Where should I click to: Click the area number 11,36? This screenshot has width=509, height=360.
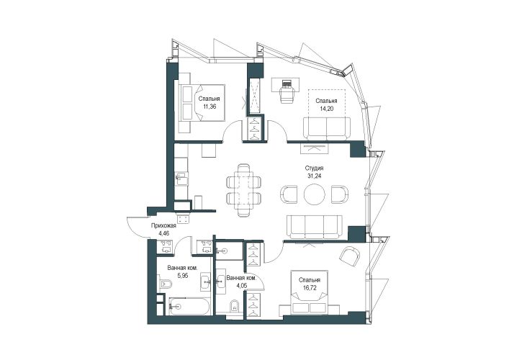click(x=210, y=106)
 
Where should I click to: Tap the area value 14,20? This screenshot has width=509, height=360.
click(x=326, y=109)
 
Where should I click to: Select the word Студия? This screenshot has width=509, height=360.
click(x=314, y=168)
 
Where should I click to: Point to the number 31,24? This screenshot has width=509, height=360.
click(x=314, y=176)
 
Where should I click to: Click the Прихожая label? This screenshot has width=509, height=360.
click(x=163, y=226)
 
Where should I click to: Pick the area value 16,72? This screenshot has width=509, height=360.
click(x=310, y=287)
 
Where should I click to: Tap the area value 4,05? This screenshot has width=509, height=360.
click(x=241, y=286)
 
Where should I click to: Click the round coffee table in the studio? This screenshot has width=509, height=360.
click(x=314, y=194)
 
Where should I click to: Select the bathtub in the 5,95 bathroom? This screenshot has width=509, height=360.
click(x=189, y=306)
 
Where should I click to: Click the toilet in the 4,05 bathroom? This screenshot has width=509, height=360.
click(x=234, y=305)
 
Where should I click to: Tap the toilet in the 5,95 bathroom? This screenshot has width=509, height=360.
click(x=166, y=284)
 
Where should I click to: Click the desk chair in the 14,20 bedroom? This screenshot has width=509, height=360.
click(x=287, y=94)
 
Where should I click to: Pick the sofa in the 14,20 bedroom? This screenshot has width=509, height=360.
click(x=327, y=129)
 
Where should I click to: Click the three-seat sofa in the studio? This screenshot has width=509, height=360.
click(x=314, y=227)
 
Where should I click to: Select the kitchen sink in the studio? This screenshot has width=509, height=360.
click(x=181, y=179)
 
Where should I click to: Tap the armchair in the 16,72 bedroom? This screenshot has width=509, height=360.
click(x=349, y=256)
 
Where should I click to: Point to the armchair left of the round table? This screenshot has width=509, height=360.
click(x=288, y=195)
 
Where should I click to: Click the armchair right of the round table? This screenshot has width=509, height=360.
click(x=341, y=195)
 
